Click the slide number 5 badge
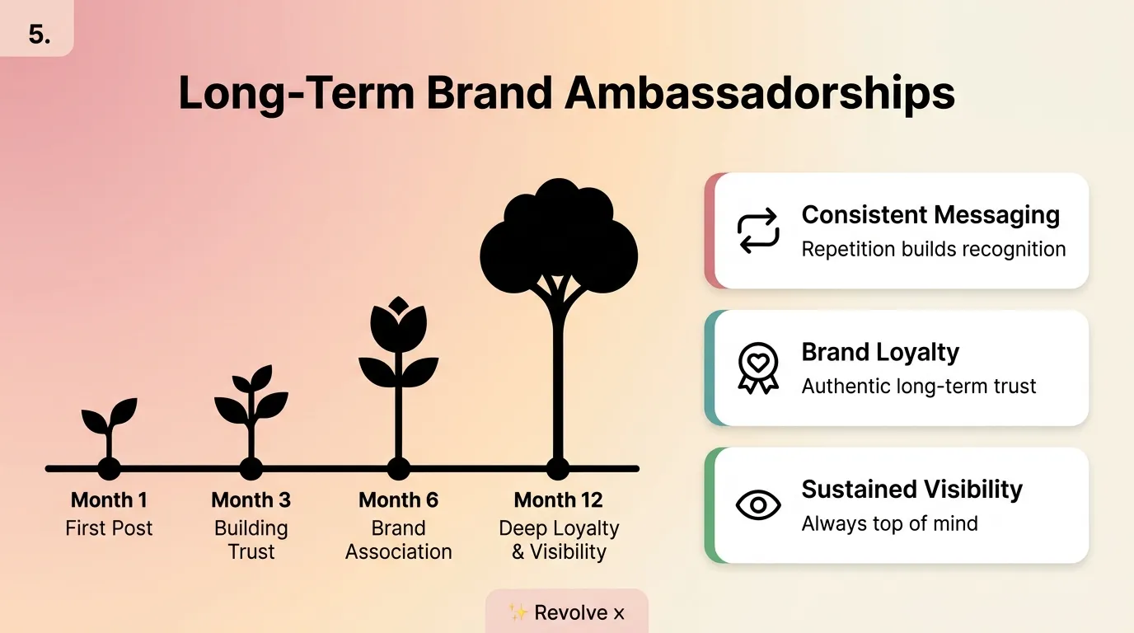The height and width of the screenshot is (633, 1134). [x=38, y=35]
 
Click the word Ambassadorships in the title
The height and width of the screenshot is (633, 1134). [x=760, y=93]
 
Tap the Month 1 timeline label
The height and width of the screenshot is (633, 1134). [x=109, y=500]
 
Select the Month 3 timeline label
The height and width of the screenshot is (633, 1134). [x=251, y=500]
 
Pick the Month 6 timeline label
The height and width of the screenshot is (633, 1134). [x=398, y=500]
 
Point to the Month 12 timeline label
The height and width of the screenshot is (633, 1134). [x=558, y=500]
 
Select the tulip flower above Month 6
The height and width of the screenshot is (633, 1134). [x=398, y=330]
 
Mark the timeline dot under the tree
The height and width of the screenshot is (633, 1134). [x=558, y=468]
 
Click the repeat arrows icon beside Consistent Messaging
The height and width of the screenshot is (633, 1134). [x=757, y=230]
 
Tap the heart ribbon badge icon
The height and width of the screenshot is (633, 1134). [x=757, y=367]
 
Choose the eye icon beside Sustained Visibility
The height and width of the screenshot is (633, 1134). [x=757, y=504]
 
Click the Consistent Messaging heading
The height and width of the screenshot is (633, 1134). [x=930, y=215]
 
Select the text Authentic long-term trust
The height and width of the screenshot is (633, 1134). [x=919, y=386]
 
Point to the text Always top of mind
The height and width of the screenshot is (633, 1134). [x=889, y=523]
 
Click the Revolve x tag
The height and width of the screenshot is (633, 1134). [x=567, y=612]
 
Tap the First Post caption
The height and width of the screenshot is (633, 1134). [x=109, y=528]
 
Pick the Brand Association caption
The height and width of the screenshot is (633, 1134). [x=398, y=540]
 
